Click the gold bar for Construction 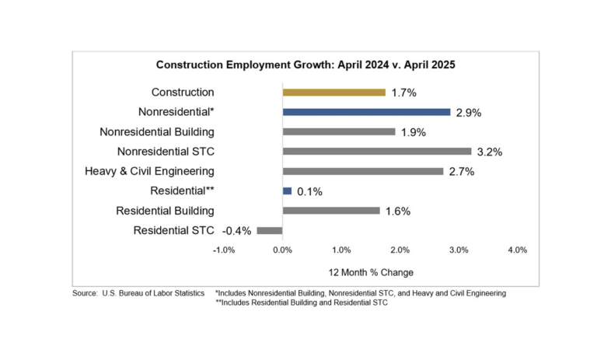coord(333,92)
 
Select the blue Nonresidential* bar coord(366,112)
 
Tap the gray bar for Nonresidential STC coord(377,151)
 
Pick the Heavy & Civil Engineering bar coord(363,171)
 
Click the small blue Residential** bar coord(287,190)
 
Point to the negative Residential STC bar coord(270,230)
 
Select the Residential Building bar coord(331,210)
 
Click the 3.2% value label coord(490,152)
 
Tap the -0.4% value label coord(237,230)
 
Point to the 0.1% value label coord(309,191)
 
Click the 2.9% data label coord(469,113)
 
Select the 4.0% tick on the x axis coord(517,250)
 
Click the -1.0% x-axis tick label coord(224,250)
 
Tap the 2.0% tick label coord(400,250)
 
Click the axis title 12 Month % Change coord(372,272)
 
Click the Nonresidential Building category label coord(157,131)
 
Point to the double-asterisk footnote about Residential coord(301,303)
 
